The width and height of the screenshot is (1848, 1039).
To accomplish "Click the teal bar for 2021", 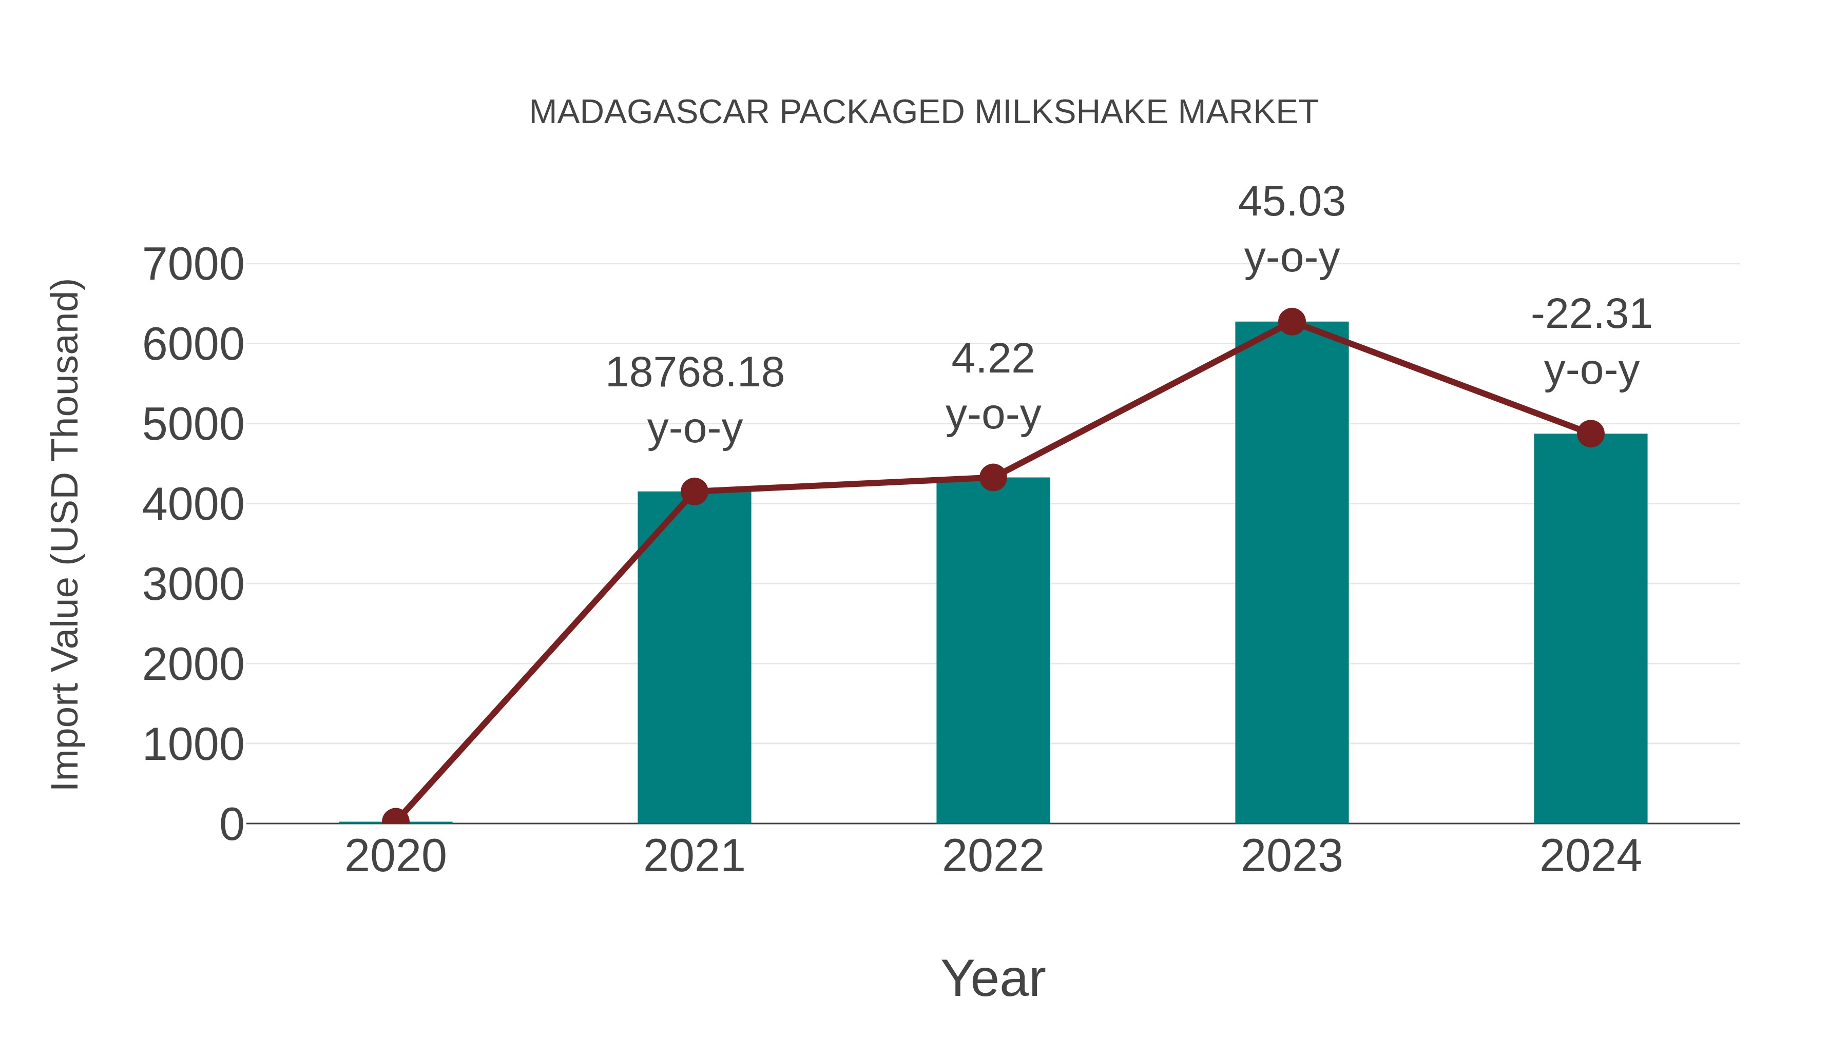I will pyautogui.click(x=694, y=660).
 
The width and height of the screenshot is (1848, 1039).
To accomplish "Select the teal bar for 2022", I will pyautogui.click(x=993, y=653).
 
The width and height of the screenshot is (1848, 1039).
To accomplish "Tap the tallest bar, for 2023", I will pyautogui.click(x=1292, y=574).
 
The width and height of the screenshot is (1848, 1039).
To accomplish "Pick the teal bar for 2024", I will pyautogui.click(x=1590, y=631).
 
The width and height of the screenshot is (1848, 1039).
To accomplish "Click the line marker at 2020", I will pyautogui.click(x=396, y=820).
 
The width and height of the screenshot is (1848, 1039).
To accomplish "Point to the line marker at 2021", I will pyautogui.click(x=694, y=491).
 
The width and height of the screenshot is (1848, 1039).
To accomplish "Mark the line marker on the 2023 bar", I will pyautogui.click(x=1292, y=322).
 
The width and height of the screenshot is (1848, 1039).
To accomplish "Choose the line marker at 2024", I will pyautogui.click(x=1590, y=433).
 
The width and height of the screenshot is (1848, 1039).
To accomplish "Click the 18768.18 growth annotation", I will pyautogui.click(x=695, y=373).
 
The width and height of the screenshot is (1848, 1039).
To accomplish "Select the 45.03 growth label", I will pyautogui.click(x=1292, y=202).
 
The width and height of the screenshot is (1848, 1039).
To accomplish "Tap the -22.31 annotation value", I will pyautogui.click(x=1590, y=314).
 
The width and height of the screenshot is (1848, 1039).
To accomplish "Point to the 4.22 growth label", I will pyautogui.click(x=993, y=359).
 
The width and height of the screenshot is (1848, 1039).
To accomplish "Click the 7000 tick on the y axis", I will pyautogui.click(x=193, y=265).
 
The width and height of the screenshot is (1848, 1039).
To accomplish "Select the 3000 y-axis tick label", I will pyautogui.click(x=193, y=585).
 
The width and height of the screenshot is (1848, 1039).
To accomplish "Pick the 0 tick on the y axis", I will pyautogui.click(x=232, y=825).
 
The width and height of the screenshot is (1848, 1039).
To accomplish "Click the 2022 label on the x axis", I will pyautogui.click(x=993, y=856).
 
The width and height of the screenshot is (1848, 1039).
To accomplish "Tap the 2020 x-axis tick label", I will pyautogui.click(x=396, y=856).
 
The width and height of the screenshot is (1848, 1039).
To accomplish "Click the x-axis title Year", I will pyautogui.click(x=993, y=978).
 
